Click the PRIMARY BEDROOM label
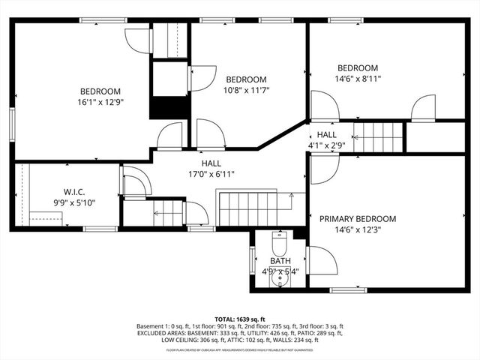pyautogui.click(x=358, y=219)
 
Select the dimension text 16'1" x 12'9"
pyautogui.click(x=100, y=102)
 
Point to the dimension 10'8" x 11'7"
pyautogui.click(x=247, y=90)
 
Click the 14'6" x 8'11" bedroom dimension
pyautogui.click(x=357, y=78)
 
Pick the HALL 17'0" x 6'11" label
pyautogui.click(x=211, y=174)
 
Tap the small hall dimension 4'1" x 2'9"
pyautogui.click(x=326, y=145)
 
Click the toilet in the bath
pyautogui.click(x=279, y=244)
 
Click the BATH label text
pyautogui.click(x=280, y=261)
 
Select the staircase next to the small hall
pyautogui.click(x=379, y=136)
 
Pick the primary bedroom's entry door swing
pyautogui.click(x=322, y=168)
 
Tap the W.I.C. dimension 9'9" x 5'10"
pyautogui.click(x=73, y=202)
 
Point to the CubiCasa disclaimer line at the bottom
pyautogui.click(x=239, y=349)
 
